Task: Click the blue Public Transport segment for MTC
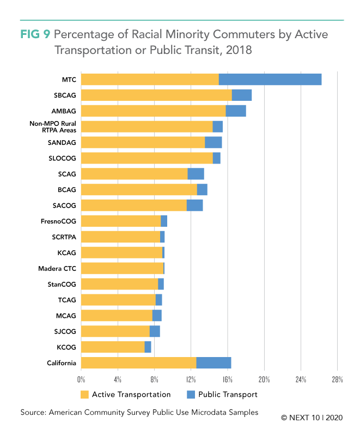[270, 79]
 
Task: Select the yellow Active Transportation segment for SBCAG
[156, 95]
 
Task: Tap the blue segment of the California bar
[213, 363]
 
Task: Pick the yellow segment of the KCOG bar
[113, 347]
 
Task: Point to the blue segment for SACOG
[194, 206]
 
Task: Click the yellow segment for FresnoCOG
[121, 221]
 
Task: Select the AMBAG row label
[64, 111]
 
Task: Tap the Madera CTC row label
[57, 269]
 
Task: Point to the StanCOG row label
[62, 285]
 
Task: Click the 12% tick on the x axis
[191, 379]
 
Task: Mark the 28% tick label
[337, 379]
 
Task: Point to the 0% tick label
[81, 379]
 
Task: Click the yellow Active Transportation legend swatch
[84, 395]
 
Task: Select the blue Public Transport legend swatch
[191, 395]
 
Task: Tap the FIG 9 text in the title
[34, 34]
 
